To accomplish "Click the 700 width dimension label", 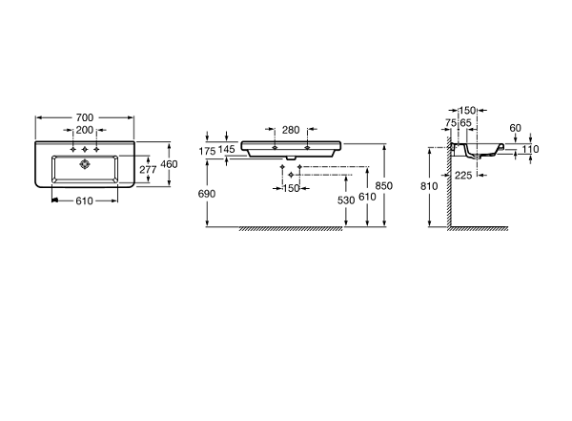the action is (x=85, y=117).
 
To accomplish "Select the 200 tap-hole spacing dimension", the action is (x=85, y=130).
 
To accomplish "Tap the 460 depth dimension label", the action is (x=169, y=164).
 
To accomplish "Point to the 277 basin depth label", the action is (x=148, y=170).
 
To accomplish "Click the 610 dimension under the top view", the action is (x=84, y=201).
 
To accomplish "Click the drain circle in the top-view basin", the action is (x=85, y=164).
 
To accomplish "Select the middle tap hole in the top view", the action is (x=85, y=150).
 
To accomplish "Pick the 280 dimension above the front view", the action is (x=291, y=130).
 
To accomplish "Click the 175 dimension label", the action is (x=207, y=151).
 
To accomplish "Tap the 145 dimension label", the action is (x=227, y=149).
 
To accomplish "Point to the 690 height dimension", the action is (x=207, y=194).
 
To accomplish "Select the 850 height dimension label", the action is (x=384, y=185).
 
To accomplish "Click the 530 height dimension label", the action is (x=346, y=200).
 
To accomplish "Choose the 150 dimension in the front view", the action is (x=291, y=189).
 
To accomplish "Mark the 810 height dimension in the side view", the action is (x=429, y=186).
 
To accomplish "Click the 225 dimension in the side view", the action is (x=463, y=176).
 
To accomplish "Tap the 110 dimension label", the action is (x=530, y=149).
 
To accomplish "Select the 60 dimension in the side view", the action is (x=516, y=128).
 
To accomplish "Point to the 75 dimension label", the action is (x=451, y=123).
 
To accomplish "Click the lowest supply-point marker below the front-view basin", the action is (x=291, y=175).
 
